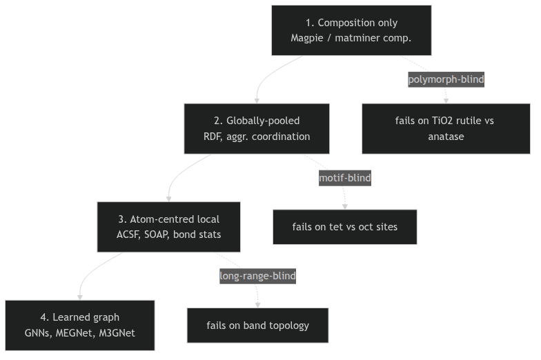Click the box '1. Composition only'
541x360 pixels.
tap(351, 30)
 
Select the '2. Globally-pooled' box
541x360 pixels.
tap(257, 128)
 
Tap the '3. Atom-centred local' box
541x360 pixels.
tap(168, 227)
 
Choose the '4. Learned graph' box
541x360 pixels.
tap(80, 326)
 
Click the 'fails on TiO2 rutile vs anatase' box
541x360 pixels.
tap(446, 128)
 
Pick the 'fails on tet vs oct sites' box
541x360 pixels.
tap(345, 227)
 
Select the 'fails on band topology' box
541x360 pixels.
tap(258, 326)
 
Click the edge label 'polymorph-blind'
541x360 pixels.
tap(446, 79)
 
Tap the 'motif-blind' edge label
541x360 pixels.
tap(345, 178)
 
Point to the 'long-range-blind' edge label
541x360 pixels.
tap(258, 276)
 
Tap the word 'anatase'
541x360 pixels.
tap(446, 137)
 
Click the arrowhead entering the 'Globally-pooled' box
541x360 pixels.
tap(257, 101)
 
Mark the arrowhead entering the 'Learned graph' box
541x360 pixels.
tap(80, 298)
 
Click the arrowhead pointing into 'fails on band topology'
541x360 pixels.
tap(258, 305)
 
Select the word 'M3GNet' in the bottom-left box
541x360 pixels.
tap(117, 333)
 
